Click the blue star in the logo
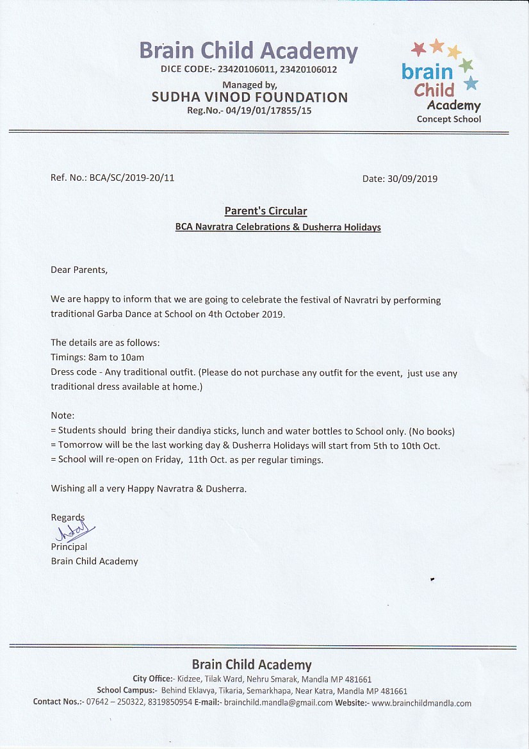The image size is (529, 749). (x=471, y=83)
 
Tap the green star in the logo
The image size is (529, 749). (x=466, y=65)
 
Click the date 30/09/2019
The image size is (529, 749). (x=412, y=179)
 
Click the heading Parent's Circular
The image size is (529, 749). (x=265, y=211)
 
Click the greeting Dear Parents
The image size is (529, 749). (x=79, y=270)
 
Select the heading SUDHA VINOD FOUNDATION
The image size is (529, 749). (x=250, y=97)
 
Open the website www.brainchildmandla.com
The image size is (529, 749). (x=421, y=703)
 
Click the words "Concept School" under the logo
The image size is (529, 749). (x=448, y=119)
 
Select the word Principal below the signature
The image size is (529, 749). (x=69, y=547)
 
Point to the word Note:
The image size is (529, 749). (x=63, y=416)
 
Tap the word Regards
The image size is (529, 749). (x=67, y=517)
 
